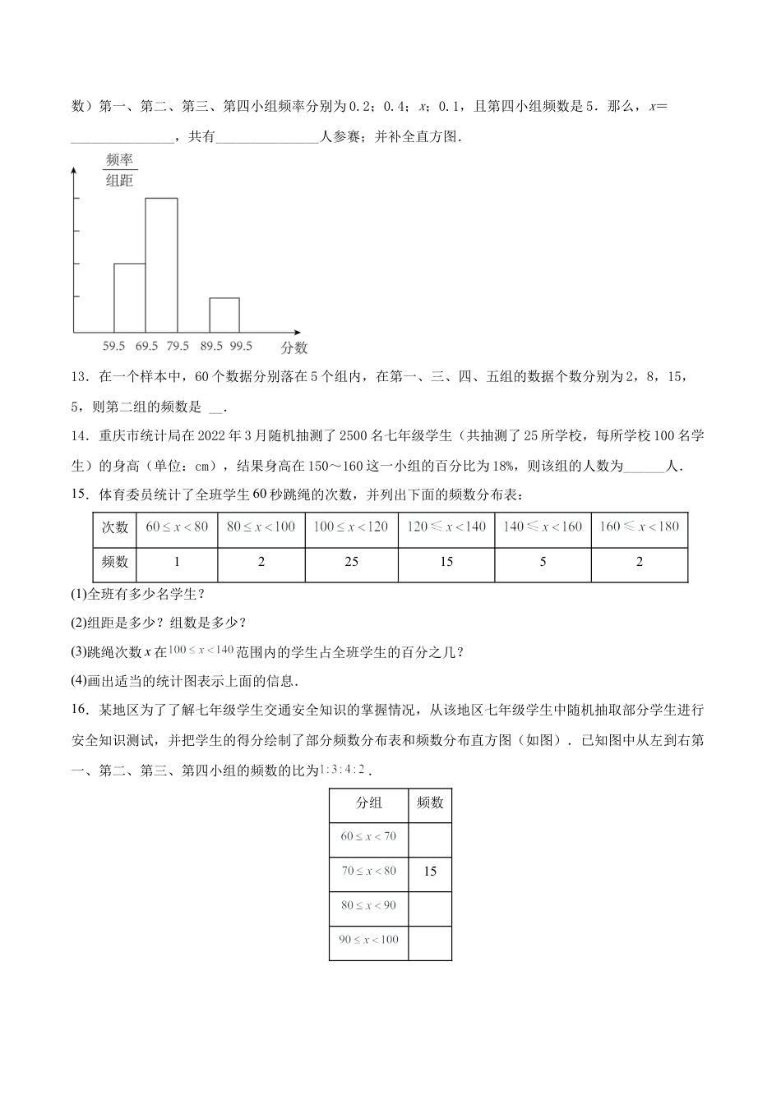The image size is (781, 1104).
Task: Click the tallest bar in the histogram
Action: point(161,264)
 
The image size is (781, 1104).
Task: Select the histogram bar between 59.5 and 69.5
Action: point(129,297)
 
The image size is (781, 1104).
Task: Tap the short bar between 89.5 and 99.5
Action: point(224,315)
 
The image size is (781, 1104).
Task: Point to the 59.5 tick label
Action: point(114,346)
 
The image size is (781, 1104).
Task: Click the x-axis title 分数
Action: point(293,347)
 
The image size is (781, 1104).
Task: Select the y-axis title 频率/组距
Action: point(120,171)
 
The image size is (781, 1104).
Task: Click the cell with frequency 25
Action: point(351,562)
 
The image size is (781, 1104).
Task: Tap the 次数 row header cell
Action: point(115,527)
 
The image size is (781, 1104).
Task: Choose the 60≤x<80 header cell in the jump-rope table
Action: point(177,527)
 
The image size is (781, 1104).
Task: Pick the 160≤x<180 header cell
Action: point(640,527)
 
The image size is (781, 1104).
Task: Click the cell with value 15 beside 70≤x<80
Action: point(430,872)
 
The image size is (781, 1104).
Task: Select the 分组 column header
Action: point(368,803)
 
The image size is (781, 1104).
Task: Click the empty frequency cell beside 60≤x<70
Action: point(430,837)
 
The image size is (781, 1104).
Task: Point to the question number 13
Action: point(80,378)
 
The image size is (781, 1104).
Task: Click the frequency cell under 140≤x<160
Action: point(543,562)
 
